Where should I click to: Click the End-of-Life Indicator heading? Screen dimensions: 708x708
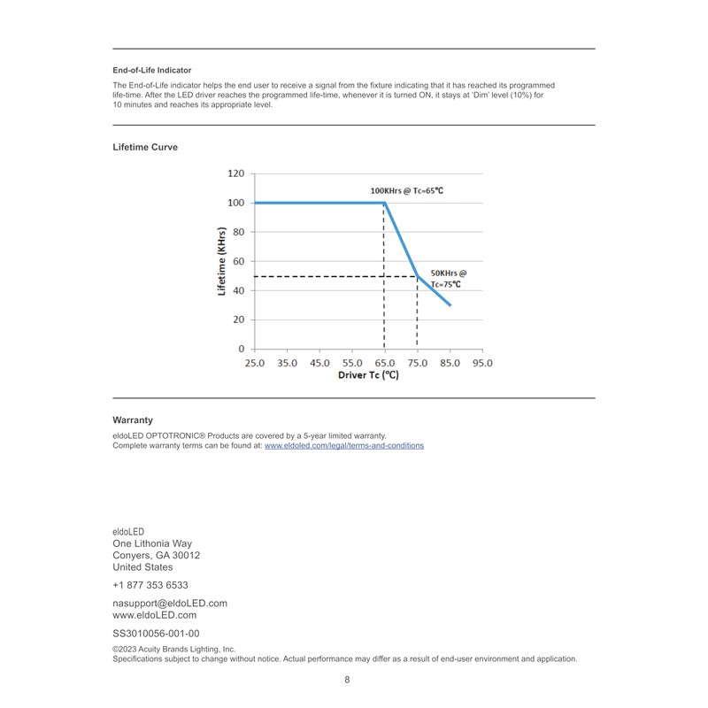point(152,70)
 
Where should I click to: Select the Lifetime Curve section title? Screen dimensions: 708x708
point(145,147)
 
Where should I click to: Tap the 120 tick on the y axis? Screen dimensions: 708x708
point(235,173)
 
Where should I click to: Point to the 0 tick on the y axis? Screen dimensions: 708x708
point(241,349)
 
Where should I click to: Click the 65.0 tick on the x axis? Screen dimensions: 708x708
point(384,363)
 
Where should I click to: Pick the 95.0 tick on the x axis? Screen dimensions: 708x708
point(482,363)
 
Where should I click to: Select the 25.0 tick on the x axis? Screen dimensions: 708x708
point(254,363)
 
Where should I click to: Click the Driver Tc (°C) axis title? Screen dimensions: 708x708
point(368,375)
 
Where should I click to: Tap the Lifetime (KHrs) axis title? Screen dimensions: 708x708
point(222,261)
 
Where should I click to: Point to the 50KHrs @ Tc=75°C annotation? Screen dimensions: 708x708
point(448,279)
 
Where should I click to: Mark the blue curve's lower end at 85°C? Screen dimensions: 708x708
point(450,305)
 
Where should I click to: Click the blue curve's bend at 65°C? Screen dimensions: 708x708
point(384,203)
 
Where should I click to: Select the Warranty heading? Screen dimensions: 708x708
point(133,420)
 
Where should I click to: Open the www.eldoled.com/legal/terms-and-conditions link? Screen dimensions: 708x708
point(344,446)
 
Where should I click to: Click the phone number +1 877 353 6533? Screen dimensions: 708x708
point(150,585)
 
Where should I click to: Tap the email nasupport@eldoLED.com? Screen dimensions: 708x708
point(170,604)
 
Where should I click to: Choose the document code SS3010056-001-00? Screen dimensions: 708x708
point(156,634)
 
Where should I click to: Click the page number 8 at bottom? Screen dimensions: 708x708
point(347,680)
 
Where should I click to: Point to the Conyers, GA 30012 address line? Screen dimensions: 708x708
point(157,556)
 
